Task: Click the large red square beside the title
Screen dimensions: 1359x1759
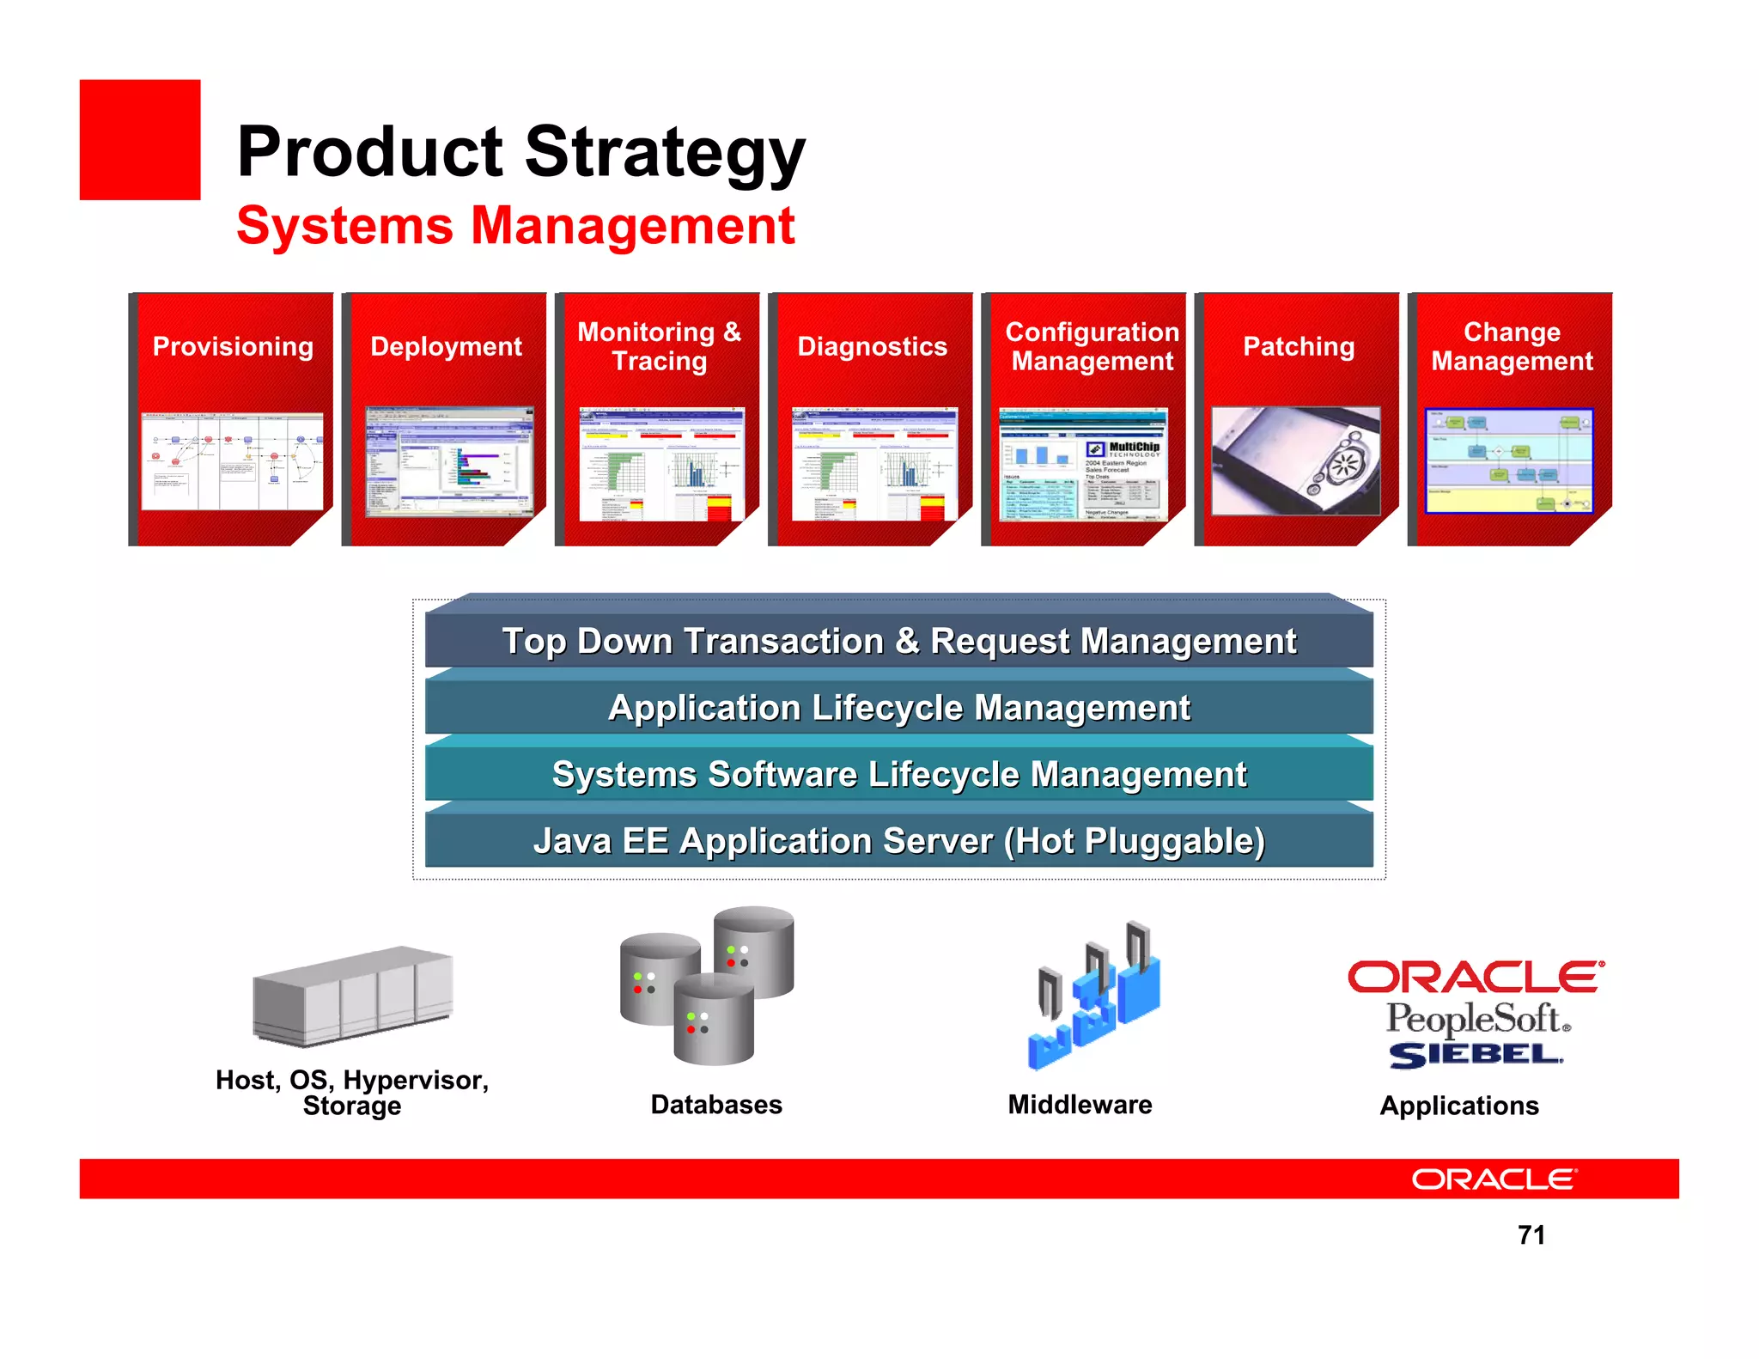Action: (x=140, y=140)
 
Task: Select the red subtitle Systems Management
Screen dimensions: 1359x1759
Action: (x=515, y=226)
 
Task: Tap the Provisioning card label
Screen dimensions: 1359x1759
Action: (x=233, y=346)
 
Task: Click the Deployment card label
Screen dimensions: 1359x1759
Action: (x=446, y=346)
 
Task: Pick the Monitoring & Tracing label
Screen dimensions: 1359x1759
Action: (x=659, y=346)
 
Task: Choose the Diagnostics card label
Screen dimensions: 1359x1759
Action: (x=872, y=346)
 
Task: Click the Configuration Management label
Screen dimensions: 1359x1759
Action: (x=1092, y=346)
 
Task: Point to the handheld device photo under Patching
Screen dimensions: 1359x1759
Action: (x=1295, y=461)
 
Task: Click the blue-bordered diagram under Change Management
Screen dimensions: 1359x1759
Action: (x=1509, y=461)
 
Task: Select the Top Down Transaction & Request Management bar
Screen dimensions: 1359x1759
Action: (x=898, y=642)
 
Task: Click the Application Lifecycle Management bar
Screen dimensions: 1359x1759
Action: (x=898, y=708)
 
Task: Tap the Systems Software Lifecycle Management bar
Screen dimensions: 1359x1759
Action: (x=898, y=774)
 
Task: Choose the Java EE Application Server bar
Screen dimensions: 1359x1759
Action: (x=898, y=841)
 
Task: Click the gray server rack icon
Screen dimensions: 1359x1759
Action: (x=353, y=996)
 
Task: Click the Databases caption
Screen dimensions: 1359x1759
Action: (x=716, y=1105)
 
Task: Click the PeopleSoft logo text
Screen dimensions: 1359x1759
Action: (x=1477, y=1019)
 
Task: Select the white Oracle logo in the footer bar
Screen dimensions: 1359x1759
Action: (x=1494, y=1179)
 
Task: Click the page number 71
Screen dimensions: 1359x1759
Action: (x=1531, y=1235)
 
